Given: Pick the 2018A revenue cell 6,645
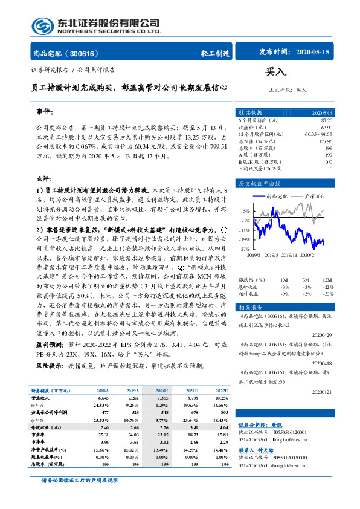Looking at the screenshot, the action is pos(102,399).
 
